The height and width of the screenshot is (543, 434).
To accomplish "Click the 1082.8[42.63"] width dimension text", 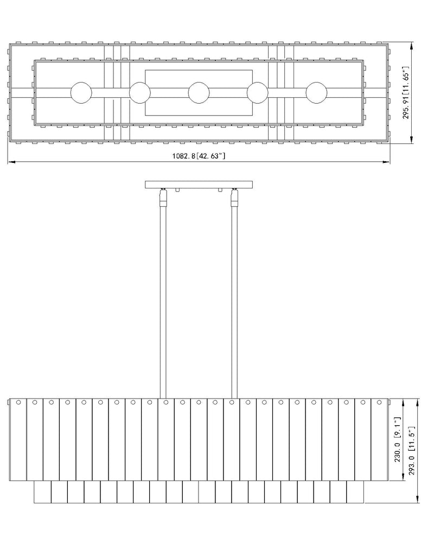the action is (x=199, y=156).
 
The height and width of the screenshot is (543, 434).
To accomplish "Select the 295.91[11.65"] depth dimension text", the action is (x=406, y=95).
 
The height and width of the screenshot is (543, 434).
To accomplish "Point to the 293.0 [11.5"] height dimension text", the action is (x=412, y=451).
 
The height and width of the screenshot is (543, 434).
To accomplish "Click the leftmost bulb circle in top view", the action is (x=81, y=93).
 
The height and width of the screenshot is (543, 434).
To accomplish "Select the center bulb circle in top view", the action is (x=199, y=93).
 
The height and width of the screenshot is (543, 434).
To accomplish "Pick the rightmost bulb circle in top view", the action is (x=316, y=93).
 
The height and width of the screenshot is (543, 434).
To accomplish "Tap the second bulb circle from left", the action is (x=140, y=93).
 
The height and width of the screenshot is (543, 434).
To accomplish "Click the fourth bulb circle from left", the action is (x=258, y=93).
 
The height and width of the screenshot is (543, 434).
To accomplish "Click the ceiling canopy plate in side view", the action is (x=199, y=185).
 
